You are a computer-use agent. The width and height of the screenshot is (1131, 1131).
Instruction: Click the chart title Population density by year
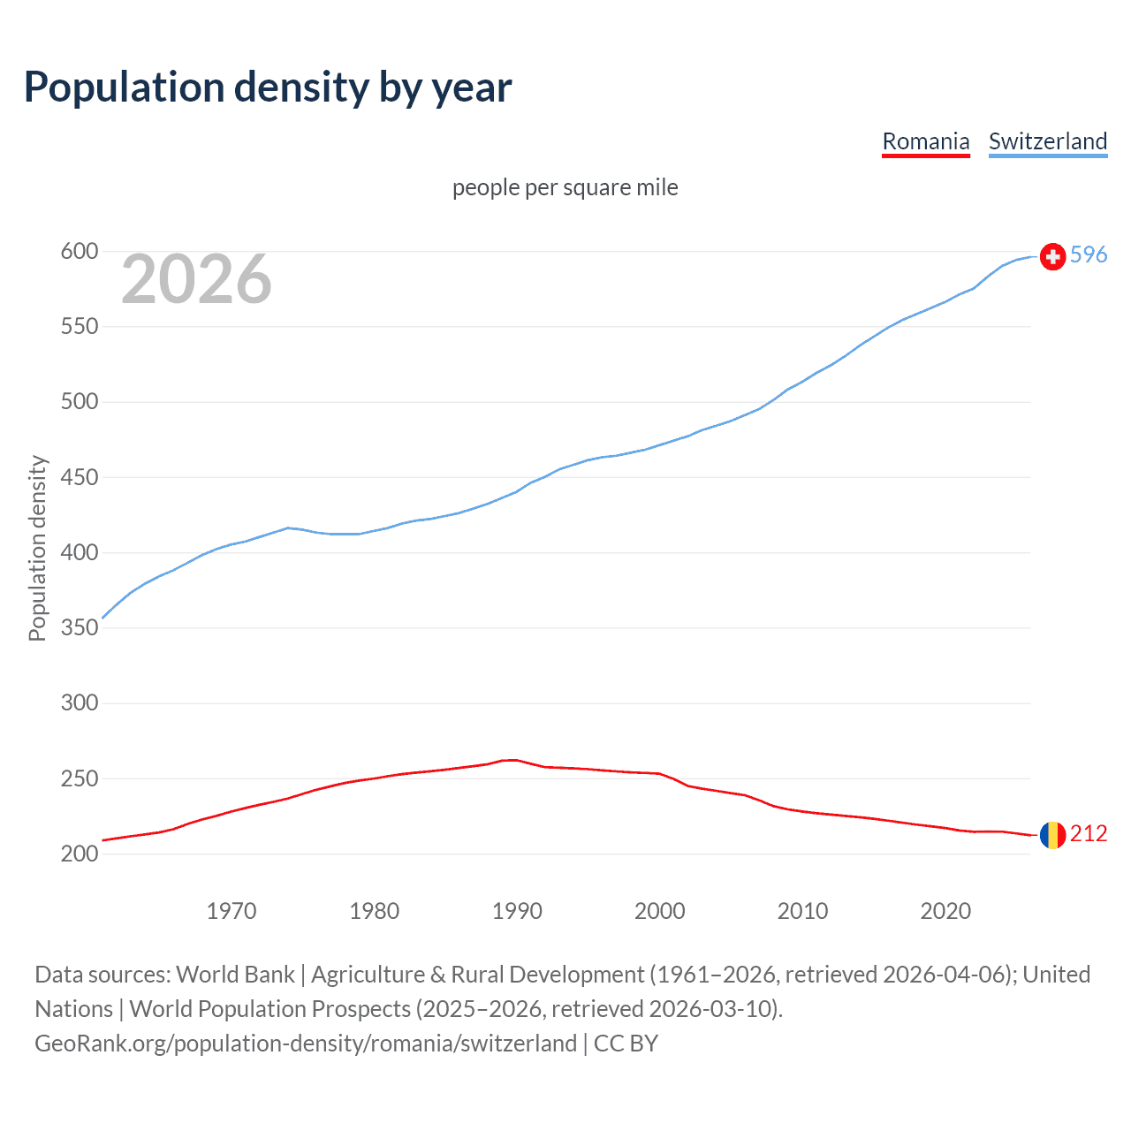268,87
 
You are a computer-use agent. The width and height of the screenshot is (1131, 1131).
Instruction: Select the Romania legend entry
925,141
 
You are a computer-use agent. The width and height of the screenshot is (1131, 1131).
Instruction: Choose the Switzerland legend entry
1047,141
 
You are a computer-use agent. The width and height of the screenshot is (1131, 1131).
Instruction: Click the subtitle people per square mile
565,187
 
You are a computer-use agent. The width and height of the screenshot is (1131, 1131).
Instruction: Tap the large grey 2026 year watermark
196,279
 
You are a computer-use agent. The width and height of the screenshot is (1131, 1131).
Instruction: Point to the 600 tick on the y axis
79,252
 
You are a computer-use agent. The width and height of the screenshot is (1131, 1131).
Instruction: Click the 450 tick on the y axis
79,478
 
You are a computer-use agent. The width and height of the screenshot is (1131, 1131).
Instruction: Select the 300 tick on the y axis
79,703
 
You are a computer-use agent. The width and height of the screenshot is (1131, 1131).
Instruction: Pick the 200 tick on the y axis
79,854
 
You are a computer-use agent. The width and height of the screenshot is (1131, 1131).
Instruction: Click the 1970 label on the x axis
232,911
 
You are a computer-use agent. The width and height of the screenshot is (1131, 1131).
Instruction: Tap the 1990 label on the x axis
517,911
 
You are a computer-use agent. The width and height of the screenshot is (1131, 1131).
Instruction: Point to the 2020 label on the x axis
945,911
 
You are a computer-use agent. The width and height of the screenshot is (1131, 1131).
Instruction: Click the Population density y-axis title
37,548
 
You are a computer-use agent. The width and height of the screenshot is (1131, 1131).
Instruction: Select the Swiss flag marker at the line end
1052,256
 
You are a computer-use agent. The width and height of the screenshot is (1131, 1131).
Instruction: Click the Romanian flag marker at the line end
1052,835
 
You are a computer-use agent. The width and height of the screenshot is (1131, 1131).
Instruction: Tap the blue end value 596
1089,255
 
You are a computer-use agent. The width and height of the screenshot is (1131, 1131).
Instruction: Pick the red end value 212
1089,834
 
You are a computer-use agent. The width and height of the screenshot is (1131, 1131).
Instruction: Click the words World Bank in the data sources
235,975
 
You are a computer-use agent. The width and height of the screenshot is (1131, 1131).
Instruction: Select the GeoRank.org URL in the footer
306,1044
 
